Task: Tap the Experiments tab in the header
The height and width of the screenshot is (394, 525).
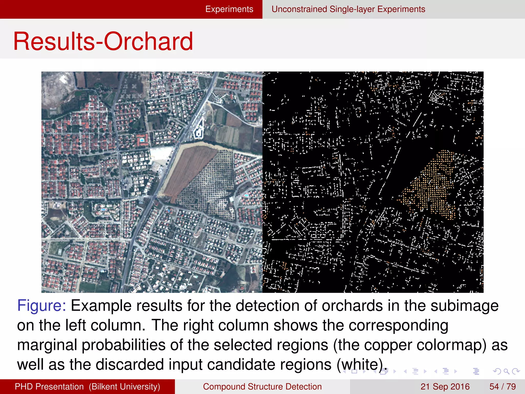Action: [x=229, y=9]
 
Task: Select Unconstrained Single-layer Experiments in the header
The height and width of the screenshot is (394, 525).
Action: [x=348, y=9]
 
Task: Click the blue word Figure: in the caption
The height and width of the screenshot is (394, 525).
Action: [x=42, y=306]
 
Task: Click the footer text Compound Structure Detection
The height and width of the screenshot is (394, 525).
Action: [x=262, y=387]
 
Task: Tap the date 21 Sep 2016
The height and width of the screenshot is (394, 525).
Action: [x=445, y=387]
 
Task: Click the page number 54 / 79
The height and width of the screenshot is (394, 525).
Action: [x=502, y=387]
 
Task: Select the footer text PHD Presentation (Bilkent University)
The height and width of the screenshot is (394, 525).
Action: [x=87, y=387]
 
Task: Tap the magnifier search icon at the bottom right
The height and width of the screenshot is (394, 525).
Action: [x=506, y=371]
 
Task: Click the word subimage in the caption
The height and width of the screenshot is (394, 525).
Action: [x=464, y=306]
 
